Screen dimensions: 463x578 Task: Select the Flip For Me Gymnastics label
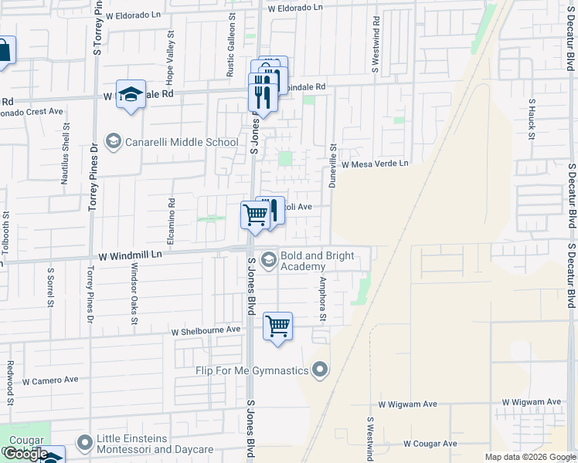click(253, 371)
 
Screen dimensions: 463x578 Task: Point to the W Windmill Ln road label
click(131, 254)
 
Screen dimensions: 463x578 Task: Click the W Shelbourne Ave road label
click(206, 330)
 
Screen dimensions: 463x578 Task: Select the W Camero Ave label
click(50, 380)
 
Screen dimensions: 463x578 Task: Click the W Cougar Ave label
click(430, 444)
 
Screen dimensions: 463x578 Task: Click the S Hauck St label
click(532, 119)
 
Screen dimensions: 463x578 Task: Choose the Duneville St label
click(333, 167)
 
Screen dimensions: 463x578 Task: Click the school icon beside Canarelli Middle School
click(114, 141)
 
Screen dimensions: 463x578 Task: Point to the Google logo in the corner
click(25, 454)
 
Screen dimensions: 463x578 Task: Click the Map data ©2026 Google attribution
click(531, 457)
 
